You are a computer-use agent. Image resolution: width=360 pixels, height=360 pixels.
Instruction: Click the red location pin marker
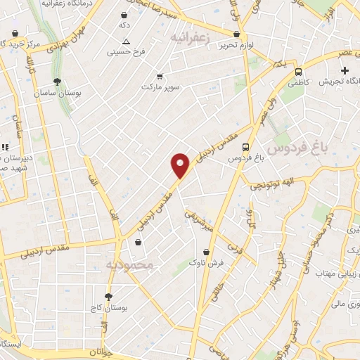point(181,165)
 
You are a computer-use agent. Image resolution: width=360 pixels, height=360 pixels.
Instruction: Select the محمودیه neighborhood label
point(129,264)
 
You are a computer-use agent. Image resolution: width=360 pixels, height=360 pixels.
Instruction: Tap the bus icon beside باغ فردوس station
point(245,147)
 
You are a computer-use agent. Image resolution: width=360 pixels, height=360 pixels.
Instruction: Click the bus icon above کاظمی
point(299,71)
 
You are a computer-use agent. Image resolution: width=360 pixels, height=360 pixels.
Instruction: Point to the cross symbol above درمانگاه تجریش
point(345,70)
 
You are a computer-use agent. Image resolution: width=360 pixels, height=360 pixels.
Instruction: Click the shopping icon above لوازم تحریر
point(236,33)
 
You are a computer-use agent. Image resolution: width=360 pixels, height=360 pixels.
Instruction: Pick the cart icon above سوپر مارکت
point(160,75)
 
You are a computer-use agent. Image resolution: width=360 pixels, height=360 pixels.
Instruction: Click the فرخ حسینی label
point(125,52)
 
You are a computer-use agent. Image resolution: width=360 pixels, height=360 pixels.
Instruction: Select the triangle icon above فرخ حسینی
point(126,41)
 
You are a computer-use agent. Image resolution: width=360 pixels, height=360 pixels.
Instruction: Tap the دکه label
point(124,25)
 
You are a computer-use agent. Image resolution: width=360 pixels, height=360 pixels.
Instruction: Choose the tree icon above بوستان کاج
point(108,297)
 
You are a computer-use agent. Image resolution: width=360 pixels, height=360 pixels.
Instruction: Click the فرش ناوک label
point(206,262)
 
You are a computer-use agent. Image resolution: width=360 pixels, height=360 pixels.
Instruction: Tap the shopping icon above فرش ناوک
point(206,251)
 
